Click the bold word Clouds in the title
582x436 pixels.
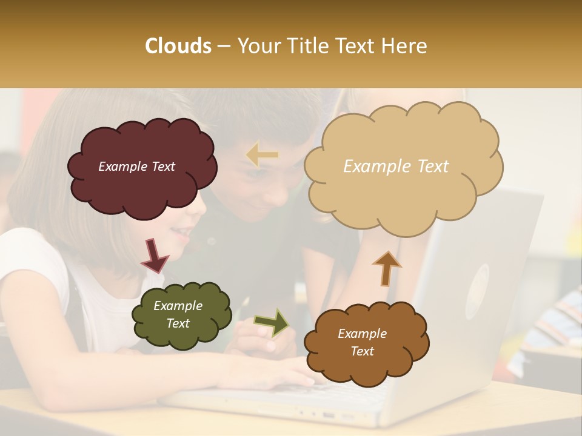tap(178, 46)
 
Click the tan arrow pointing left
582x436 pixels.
tap(263, 155)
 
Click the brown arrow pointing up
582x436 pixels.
tap(386, 268)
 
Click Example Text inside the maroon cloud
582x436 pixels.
tap(136, 167)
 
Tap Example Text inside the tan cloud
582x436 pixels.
tap(396, 167)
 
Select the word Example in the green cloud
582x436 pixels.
tap(178, 306)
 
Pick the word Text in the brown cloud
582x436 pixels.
tap(362, 351)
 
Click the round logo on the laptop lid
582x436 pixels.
tap(477, 283)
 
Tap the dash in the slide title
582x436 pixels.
tap(224, 47)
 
